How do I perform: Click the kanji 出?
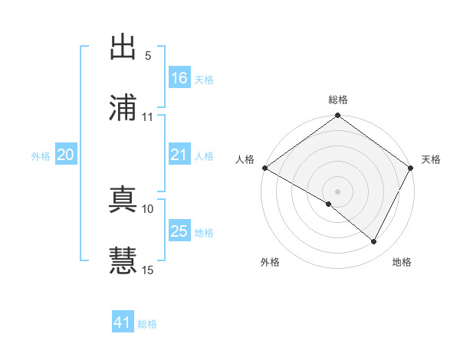pos(123,47)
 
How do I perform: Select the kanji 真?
pos(123,200)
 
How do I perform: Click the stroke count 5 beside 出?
pos(148,55)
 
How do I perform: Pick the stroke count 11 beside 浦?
pos(148,116)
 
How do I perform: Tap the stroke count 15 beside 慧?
pos(148,270)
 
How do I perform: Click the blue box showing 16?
pos(179,78)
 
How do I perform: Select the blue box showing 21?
pos(179,155)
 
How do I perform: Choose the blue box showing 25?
pos(179,231)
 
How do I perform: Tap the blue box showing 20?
pos(65,155)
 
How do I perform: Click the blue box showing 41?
pos(123,322)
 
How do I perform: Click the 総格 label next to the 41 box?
pos(147,324)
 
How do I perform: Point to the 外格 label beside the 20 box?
pos(41,155)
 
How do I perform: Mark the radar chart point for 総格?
pos(337,116)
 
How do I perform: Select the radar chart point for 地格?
pos(374,242)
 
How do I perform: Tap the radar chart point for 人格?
pos(264,168)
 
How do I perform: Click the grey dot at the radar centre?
pos(337,191)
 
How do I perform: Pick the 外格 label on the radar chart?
pos(270,262)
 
